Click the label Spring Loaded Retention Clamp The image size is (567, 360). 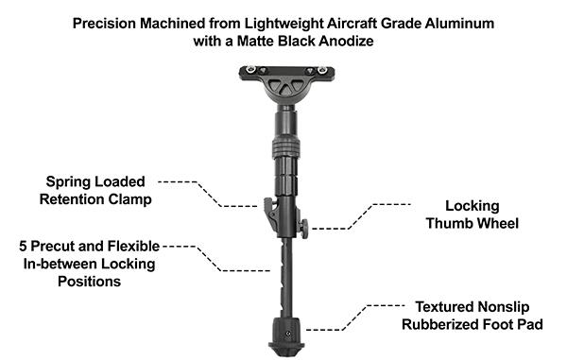[98, 190]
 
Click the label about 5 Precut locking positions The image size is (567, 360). [87, 263]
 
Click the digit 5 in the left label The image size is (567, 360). [23, 246]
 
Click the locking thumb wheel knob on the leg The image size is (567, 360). [306, 225]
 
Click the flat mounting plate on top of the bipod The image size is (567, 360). [286, 74]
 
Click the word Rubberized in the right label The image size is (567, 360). [442, 324]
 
